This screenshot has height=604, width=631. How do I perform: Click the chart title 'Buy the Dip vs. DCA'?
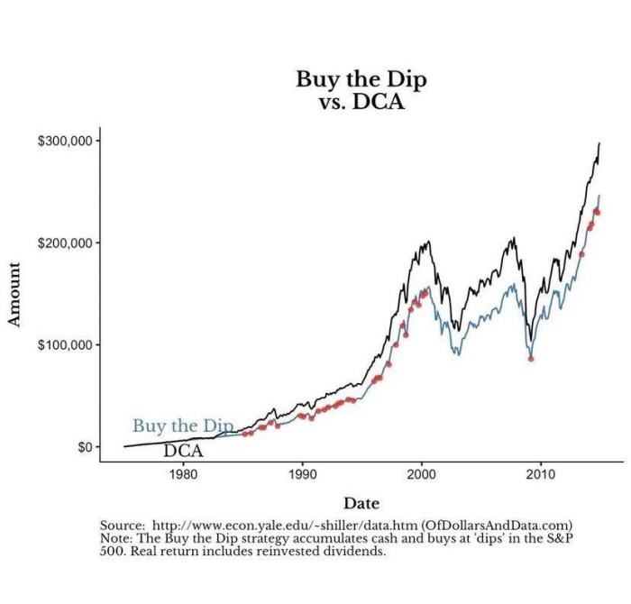click(361, 90)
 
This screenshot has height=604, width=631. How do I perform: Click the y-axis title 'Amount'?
click(14, 294)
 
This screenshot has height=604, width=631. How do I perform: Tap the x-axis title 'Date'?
click(361, 503)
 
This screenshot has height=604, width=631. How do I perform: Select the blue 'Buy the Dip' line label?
click(183, 426)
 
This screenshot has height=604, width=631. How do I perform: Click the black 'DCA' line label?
click(183, 451)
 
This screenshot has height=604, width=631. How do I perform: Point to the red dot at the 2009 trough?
click(531, 359)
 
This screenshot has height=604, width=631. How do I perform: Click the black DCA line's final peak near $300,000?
click(599, 144)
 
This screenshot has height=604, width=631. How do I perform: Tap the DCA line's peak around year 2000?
click(427, 241)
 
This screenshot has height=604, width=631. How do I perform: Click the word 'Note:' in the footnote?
click(116, 538)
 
